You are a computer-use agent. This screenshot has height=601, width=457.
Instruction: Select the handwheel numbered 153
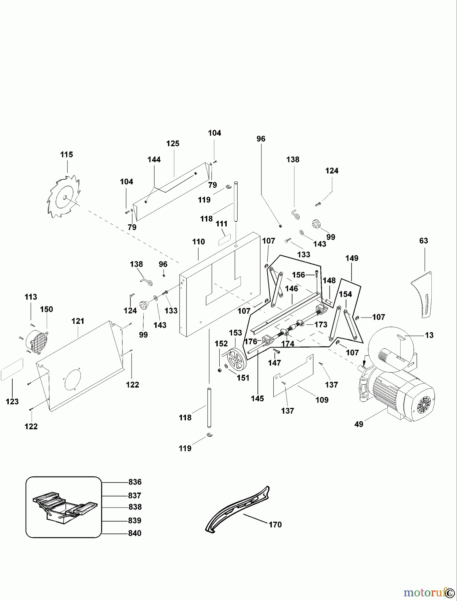coord(236,358)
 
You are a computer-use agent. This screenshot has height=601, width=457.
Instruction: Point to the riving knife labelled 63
coord(423,294)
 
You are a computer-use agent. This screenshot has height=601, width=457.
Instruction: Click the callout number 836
coord(135,482)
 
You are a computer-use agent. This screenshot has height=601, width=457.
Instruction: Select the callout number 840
coord(135,533)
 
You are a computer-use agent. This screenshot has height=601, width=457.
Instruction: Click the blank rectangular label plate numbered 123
coord(12,369)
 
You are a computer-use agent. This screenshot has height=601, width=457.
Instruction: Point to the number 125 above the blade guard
coord(173,144)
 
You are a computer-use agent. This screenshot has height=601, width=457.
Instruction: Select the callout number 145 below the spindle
coord(257,398)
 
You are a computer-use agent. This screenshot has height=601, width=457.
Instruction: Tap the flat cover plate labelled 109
coord(293,376)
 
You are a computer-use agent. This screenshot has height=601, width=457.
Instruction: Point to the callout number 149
coord(352,258)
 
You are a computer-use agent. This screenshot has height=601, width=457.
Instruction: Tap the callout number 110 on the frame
coord(199,242)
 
